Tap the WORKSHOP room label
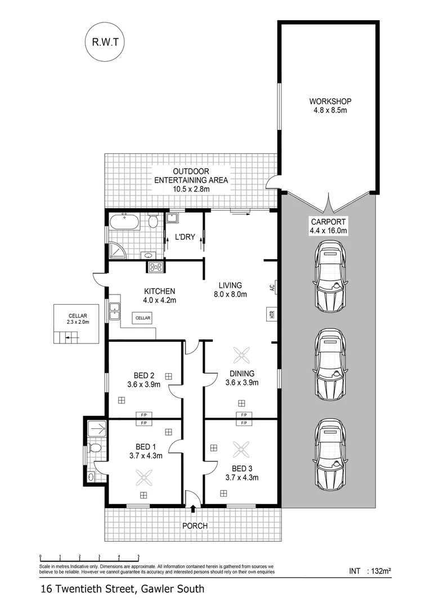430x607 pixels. pos(330,101)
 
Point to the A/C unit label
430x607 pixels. pos(272,288)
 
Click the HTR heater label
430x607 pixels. pos(272,314)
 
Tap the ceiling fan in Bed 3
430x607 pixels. pos(242,449)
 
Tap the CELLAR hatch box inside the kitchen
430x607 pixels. pos(143,318)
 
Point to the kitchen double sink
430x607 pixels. pos(115,311)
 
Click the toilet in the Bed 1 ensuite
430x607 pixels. pos(94,448)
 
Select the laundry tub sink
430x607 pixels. pos(173,218)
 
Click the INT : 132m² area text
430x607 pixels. pos(370,571)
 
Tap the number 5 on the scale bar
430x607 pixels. pos(138,556)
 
